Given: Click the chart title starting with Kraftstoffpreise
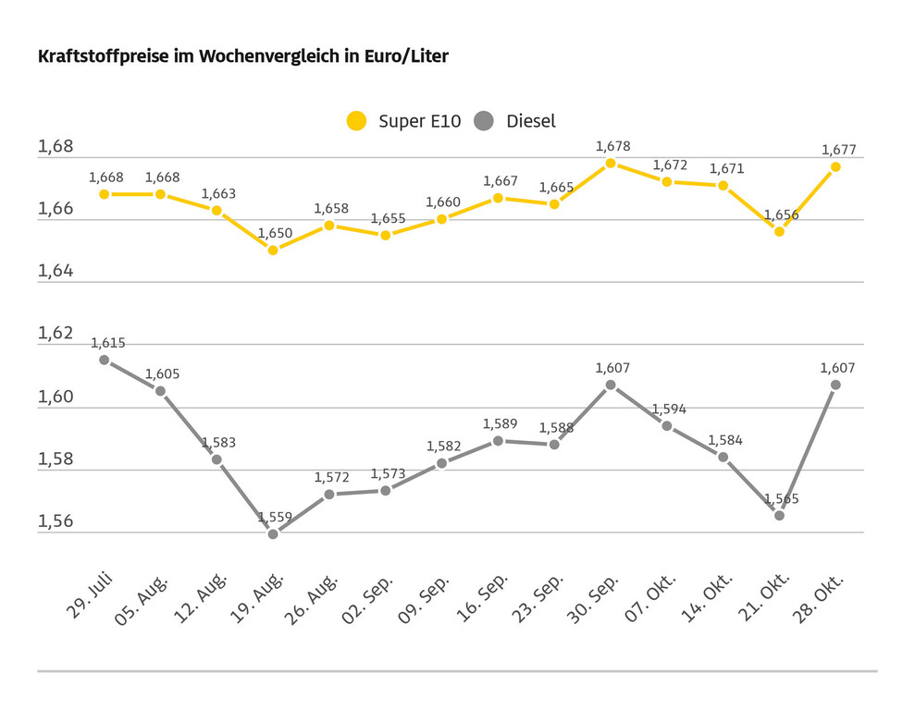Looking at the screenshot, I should pos(242,57).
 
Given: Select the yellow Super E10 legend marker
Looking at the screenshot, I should pos(356,121).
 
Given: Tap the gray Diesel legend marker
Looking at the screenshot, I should pos(484,121).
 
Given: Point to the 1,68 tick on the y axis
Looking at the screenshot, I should pos(55,147).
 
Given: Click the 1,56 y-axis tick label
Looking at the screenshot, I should pos(55,521).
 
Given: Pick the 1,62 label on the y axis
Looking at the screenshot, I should pos(55,334).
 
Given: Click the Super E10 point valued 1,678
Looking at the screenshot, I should pos(611,163).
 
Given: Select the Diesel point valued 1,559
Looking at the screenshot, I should pos(273,533).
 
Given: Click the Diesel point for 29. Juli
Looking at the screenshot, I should pos(105,360).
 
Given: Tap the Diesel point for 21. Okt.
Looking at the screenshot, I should pos(779,515).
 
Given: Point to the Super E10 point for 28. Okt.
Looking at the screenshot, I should pos(835,166).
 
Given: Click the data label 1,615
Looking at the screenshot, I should pos(107,343).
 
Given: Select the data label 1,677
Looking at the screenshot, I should pos(838,150).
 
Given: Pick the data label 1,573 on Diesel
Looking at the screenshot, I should pos(388,474).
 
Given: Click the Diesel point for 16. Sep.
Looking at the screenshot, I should pos(498,440).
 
